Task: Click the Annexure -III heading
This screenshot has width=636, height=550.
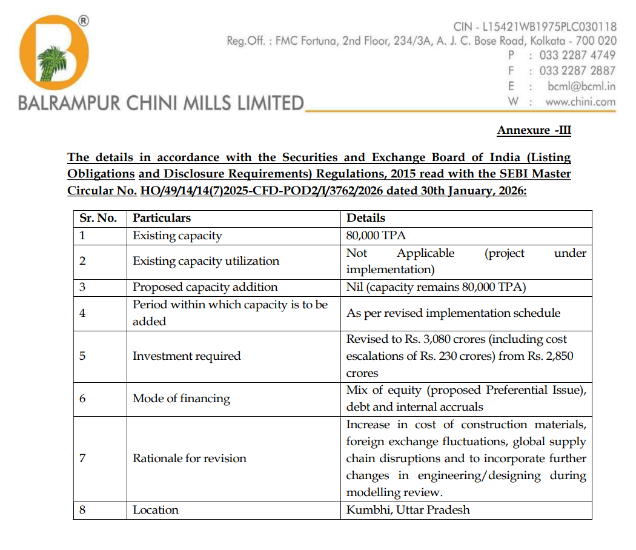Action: coord(534,130)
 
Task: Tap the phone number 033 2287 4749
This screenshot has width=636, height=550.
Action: coord(577,55)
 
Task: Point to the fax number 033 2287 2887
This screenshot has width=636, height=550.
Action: coord(577,70)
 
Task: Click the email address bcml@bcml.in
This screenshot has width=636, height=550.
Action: coord(581,86)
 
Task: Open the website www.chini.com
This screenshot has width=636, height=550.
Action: coord(580,102)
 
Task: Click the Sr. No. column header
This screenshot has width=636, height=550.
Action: coord(98,218)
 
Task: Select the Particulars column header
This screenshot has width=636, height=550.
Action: coord(162,218)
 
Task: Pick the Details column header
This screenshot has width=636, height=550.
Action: coord(365,218)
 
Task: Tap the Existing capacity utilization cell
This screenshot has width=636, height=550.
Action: coord(206,261)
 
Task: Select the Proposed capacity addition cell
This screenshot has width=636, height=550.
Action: coord(205,287)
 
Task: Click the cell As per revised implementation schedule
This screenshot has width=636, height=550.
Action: coord(453,313)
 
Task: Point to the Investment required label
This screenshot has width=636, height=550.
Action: coord(187,356)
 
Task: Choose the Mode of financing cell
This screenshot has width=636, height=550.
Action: coord(181,399)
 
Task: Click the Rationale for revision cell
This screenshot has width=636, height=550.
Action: coord(190,458)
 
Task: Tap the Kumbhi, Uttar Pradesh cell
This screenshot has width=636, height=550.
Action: coord(408,510)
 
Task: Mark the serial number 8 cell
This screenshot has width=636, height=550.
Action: coord(82,510)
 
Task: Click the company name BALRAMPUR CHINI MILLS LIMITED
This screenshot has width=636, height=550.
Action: coord(161,103)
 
